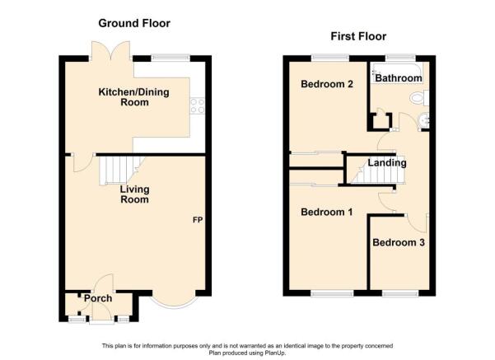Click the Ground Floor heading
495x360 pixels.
(x=134, y=23)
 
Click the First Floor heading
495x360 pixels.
(x=358, y=36)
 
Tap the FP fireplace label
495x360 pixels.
(x=198, y=220)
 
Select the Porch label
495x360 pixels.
(x=98, y=298)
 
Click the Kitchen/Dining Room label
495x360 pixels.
(x=134, y=97)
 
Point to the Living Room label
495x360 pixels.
(x=135, y=194)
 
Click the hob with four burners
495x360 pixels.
(x=198, y=105)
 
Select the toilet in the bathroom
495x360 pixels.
(x=419, y=98)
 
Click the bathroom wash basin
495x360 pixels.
(x=423, y=120)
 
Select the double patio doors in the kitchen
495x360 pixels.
(x=110, y=50)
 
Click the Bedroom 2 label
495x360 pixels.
(x=327, y=84)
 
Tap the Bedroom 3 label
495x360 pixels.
(x=399, y=242)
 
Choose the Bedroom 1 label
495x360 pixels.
(x=327, y=212)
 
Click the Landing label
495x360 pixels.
(x=387, y=163)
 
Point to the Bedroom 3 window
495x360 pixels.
(x=400, y=294)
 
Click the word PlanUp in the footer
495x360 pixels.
(x=275, y=353)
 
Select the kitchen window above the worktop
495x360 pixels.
(x=170, y=58)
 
